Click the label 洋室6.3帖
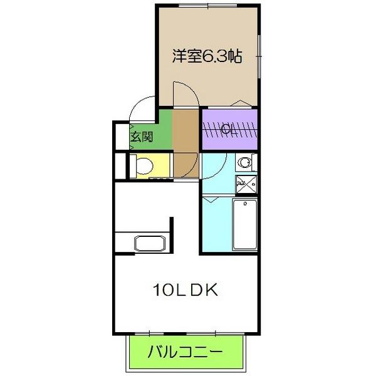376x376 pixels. pyautogui.click(x=207, y=56)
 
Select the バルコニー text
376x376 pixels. pyautogui.click(x=185, y=352)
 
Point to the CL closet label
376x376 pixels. pyautogui.click(x=229, y=130)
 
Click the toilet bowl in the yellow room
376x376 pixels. pyautogui.click(x=144, y=166)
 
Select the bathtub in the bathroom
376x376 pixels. pyautogui.click(x=245, y=224)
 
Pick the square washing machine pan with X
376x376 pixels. pyautogui.click(x=245, y=184)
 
